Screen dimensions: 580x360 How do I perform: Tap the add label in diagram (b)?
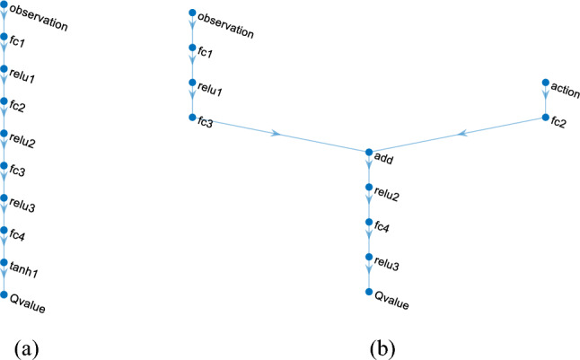click(x=384, y=162)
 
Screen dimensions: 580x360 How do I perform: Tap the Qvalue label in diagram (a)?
click(x=28, y=305)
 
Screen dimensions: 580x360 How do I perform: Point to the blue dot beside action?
click(x=545, y=83)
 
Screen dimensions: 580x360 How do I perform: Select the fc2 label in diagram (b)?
click(x=560, y=124)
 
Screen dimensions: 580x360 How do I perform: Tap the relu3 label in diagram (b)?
click(x=387, y=265)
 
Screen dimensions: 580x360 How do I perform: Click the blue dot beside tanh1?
click(x=5, y=262)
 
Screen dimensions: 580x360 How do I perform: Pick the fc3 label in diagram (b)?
click(x=205, y=123)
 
